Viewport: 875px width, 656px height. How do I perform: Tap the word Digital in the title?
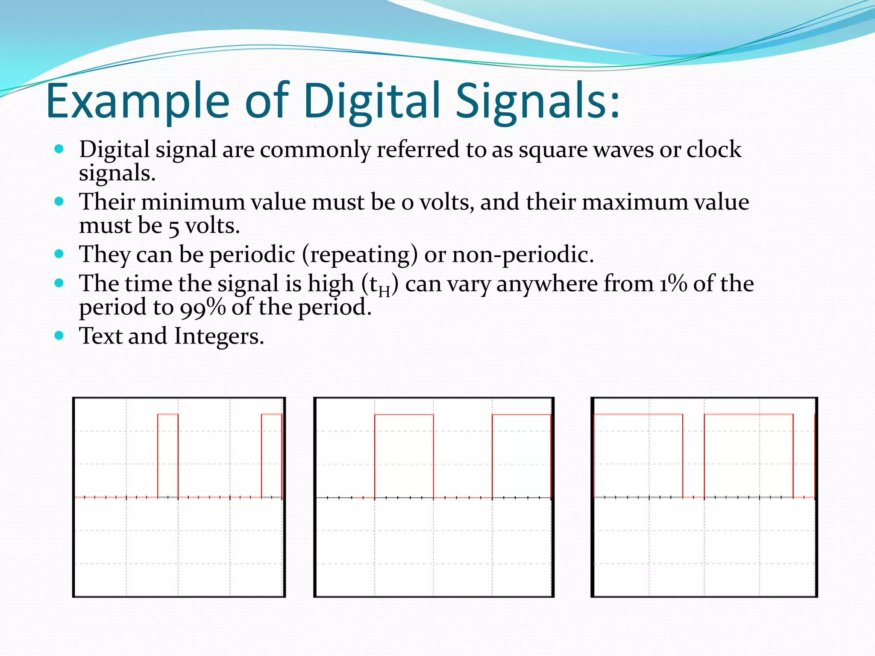(x=372, y=102)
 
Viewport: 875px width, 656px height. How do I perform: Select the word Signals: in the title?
(x=537, y=102)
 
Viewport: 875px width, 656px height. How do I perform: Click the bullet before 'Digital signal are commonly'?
(x=59, y=149)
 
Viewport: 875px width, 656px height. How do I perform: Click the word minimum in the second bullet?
(x=195, y=202)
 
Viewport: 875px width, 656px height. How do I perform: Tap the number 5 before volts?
(x=173, y=227)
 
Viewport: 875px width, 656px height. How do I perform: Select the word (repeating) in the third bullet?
(x=360, y=255)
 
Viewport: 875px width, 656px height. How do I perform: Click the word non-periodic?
(x=523, y=255)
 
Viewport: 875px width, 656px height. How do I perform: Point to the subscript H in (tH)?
(x=384, y=292)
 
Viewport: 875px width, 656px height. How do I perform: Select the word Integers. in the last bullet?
(x=219, y=336)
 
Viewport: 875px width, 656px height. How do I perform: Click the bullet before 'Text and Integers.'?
(x=59, y=336)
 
